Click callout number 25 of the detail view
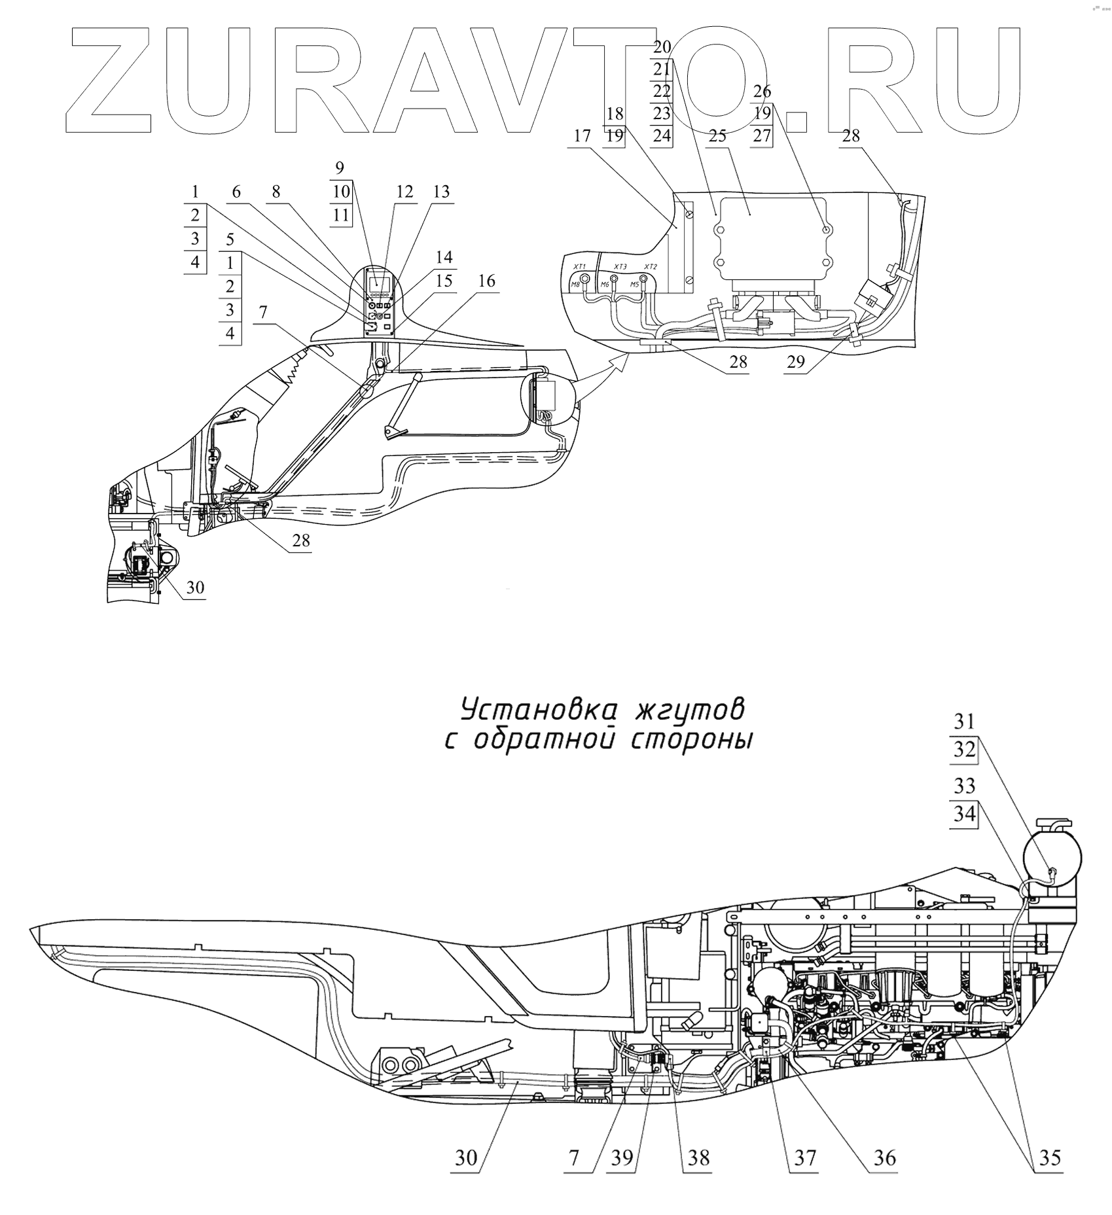pyautogui.click(x=717, y=136)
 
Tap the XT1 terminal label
pyautogui.click(x=579, y=267)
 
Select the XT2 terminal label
pyautogui.click(x=650, y=267)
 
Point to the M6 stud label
pyautogui.click(x=605, y=285)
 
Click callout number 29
pyautogui.click(x=796, y=362)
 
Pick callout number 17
pyautogui.click(x=582, y=136)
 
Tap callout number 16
pyautogui.click(x=486, y=281)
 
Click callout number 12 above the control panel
pyautogui.click(x=404, y=192)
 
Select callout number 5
pyautogui.click(x=230, y=239)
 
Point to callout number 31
pyautogui.click(x=964, y=722)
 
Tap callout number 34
pyautogui.click(x=964, y=815)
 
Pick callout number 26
pyautogui.click(x=762, y=90)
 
